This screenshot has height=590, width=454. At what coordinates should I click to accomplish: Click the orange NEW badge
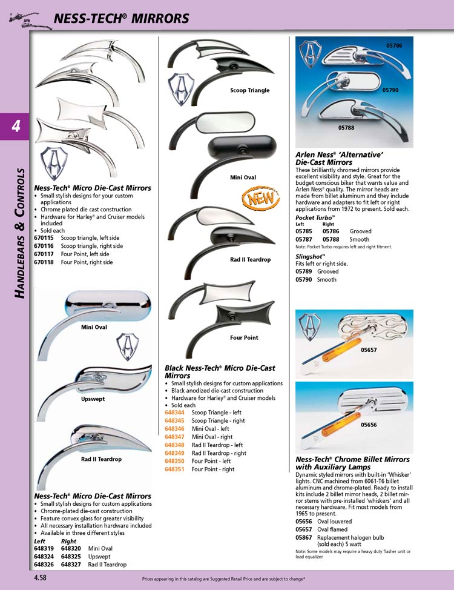pos(261,198)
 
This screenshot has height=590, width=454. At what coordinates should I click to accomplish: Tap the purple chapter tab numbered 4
pos(15,127)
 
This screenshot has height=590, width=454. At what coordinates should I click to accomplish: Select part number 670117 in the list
pos(44,254)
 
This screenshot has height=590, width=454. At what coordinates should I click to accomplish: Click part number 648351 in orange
pos(174,469)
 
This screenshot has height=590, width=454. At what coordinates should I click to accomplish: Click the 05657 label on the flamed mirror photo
pos(369,350)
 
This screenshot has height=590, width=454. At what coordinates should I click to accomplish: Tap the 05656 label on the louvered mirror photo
pos(369,425)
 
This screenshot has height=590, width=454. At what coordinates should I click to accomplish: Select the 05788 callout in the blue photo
pos(346,128)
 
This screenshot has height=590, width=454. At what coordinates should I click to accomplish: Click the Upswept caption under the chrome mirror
pos(93,399)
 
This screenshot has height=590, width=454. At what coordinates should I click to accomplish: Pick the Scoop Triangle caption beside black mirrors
pos(250,90)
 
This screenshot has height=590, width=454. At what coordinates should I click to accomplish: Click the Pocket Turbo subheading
pos(315,217)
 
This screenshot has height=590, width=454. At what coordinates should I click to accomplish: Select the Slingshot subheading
pos(311,257)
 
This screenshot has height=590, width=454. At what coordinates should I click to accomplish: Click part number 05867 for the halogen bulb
pos(303,538)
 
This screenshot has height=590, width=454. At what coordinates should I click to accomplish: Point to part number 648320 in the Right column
pos(71,548)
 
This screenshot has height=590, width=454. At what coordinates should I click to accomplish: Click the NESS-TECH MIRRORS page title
pos(121,18)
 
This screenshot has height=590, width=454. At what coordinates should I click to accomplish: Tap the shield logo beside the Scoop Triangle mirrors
pos(181,89)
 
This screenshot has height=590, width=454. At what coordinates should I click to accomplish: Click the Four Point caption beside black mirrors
pos(244,338)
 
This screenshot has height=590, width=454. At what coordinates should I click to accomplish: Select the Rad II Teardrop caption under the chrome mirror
pos(101,459)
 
